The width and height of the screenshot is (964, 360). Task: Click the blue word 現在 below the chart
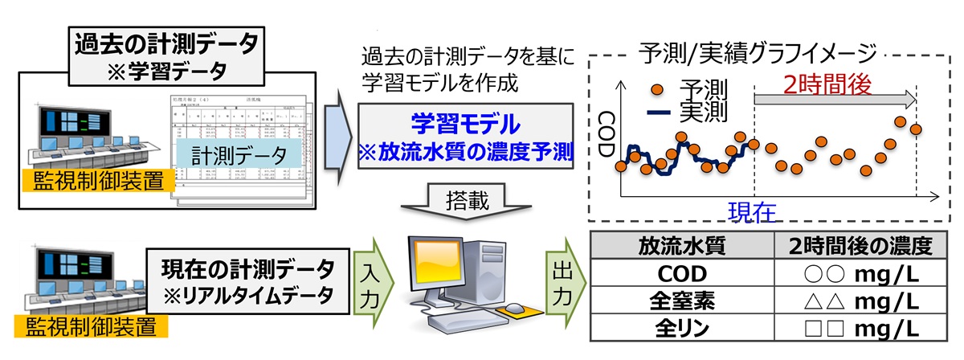754,213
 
